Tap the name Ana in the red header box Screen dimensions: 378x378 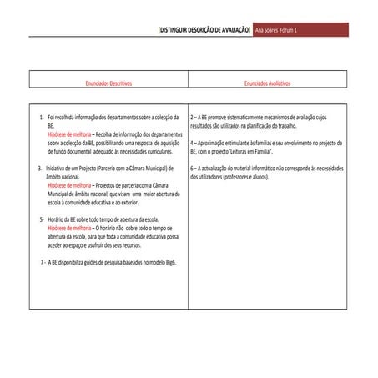(x=262, y=29)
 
